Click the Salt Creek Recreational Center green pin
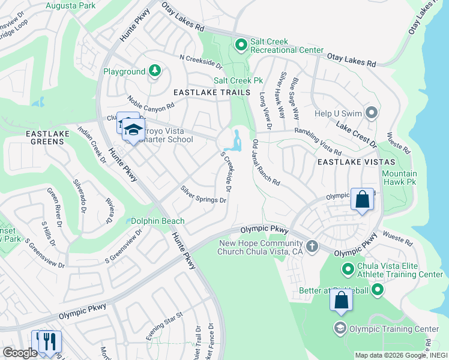coord(241,45)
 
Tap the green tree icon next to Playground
coord(155,71)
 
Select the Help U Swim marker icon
coord(372,113)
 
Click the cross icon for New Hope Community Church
coord(312,246)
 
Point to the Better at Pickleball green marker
coord(377,290)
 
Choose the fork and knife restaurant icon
coord(50,341)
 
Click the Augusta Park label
coord(70,5)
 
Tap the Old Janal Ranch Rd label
coord(267,163)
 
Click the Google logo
coord(20,353)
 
